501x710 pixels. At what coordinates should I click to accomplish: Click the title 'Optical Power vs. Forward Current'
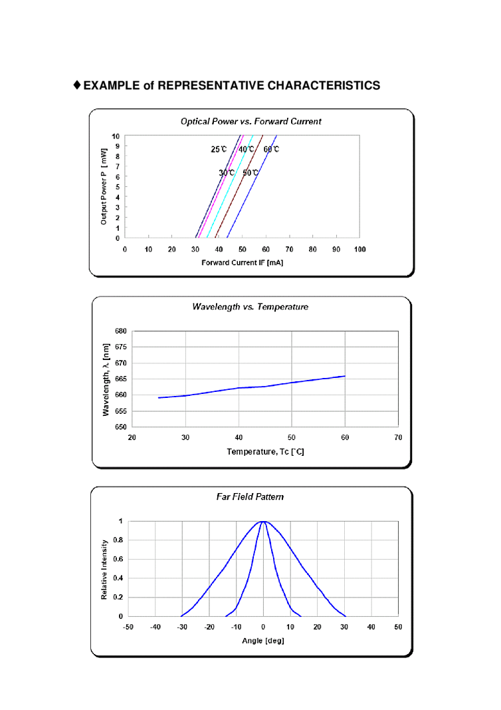tap(250, 122)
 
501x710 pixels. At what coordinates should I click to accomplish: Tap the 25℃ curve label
tap(219, 150)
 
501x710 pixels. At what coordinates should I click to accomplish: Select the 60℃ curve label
tap(271, 150)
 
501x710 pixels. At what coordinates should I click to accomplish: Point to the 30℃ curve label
tap(227, 173)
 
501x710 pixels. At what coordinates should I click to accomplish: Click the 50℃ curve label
tap(250, 173)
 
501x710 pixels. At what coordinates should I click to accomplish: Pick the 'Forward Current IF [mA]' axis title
tap(243, 263)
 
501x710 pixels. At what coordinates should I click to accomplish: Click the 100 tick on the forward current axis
tap(359, 250)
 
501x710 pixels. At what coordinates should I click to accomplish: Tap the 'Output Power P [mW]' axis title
tap(104, 187)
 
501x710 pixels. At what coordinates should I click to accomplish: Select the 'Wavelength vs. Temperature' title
tap(250, 307)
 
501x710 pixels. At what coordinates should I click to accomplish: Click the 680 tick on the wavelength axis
tap(121, 331)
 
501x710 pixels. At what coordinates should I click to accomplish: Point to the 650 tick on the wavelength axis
tap(121, 427)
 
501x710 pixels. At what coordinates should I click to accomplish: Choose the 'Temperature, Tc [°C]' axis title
tap(265, 451)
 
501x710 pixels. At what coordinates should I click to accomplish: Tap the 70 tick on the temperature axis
tap(397, 437)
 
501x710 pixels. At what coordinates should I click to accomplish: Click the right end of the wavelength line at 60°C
tap(345, 376)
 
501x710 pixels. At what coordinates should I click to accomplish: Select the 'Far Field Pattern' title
tap(250, 497)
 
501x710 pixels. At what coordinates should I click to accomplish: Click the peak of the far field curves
tap(264, 522)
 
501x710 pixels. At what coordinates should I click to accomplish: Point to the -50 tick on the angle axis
tap(128, 627)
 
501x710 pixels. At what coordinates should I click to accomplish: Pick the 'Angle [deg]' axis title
tap(264, 641)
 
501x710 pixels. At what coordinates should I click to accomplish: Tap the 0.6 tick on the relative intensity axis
tap(120, 559)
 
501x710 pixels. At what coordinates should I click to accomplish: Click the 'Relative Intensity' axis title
tap(104, 569)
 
